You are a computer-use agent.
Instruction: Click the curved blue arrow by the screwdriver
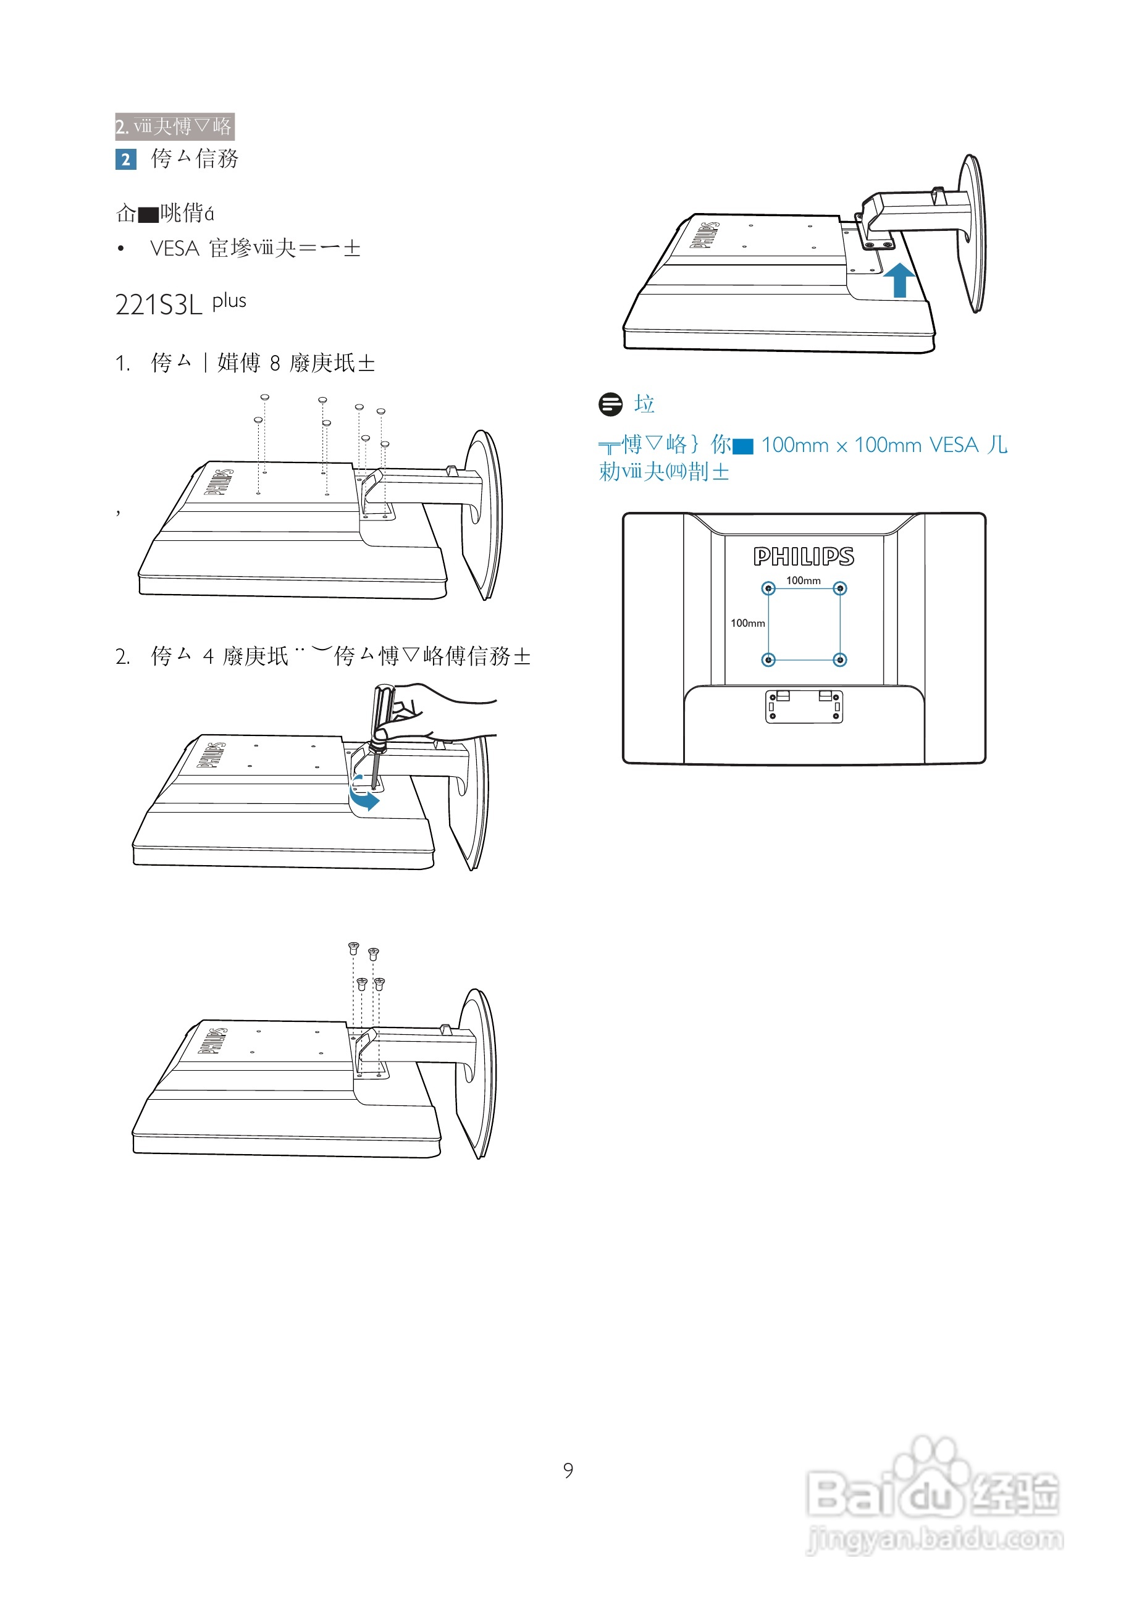coord(364,794)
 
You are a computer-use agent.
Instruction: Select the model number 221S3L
coord(159,305)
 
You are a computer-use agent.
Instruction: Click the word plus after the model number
coord(229,301)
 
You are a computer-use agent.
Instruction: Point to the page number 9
coord(568,1470)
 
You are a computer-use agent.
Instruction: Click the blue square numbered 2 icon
coord(125,159)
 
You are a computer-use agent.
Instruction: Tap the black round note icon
coord(610,404)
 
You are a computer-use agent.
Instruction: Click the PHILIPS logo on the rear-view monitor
coord(803,556)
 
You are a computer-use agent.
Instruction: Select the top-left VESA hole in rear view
coord(768,588)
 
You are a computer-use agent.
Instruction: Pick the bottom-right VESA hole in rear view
coord(840,659)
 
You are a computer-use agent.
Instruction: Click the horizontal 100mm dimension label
coord(803,580)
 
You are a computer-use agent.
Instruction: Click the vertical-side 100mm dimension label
coord(747,623)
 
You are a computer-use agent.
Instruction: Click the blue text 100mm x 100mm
coord(841,445)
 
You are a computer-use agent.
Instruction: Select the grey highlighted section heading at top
coord(175,127)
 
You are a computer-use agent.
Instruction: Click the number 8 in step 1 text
coord(275,363)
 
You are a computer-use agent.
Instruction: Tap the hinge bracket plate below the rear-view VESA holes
coord(804,706)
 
